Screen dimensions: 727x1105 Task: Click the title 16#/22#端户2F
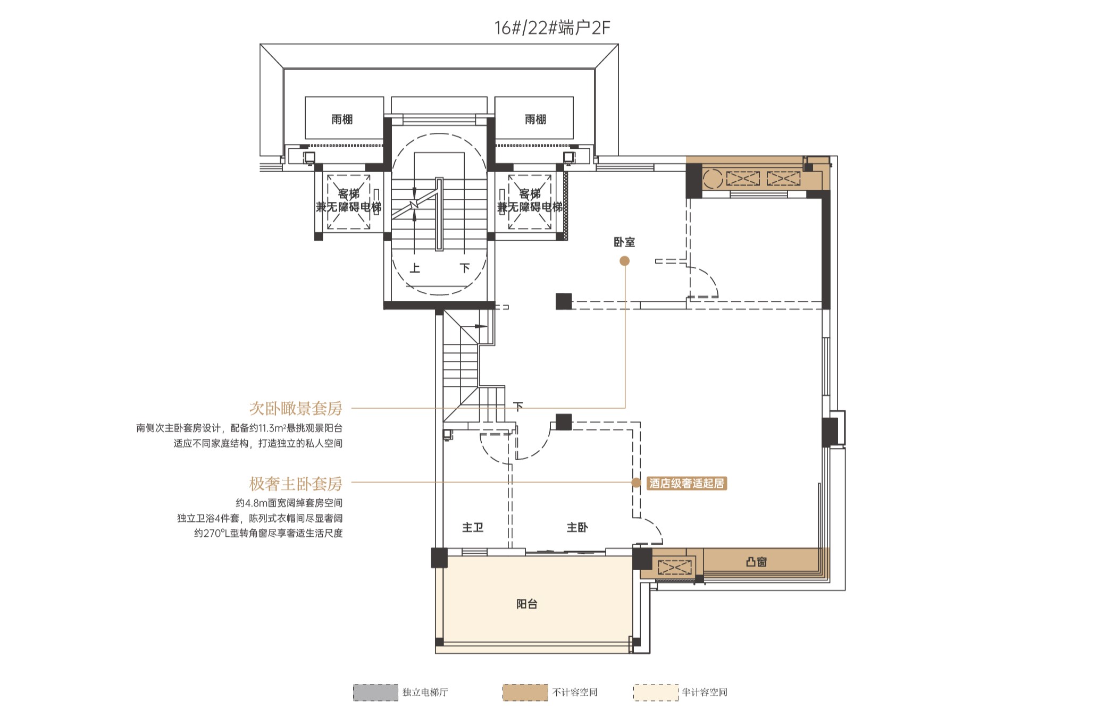coord(552,27)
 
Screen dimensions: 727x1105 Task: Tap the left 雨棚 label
coord(342,120)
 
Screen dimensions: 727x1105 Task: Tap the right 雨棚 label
coord(535,120)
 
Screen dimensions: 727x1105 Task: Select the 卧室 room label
coord(624,242)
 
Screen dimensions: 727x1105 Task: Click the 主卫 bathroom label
coord(472,527)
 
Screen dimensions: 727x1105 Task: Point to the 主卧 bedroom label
coord(577,527)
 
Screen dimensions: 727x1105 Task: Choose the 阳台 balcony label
coord(526,604)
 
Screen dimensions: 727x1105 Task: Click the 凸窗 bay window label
coord(756,562)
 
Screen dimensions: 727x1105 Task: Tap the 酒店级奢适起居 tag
coord(687,483)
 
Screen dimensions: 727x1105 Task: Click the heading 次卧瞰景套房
coord(296,408)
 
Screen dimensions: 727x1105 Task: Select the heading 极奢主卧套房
coord(296,484)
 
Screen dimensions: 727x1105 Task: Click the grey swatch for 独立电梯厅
coord(375,692)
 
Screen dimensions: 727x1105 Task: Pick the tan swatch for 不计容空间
coord(525,692)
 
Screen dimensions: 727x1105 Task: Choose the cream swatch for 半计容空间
coord(656,692)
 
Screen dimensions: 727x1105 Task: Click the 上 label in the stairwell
coord(415,268)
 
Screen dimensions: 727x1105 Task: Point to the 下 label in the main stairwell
coord(465,268)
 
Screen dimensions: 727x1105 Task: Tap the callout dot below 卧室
coord(625,261)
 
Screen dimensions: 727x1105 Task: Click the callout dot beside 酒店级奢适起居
coord(636,483)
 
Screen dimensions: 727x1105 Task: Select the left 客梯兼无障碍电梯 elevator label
coord(349,200)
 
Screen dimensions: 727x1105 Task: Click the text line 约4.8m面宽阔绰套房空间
coord(289,503)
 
